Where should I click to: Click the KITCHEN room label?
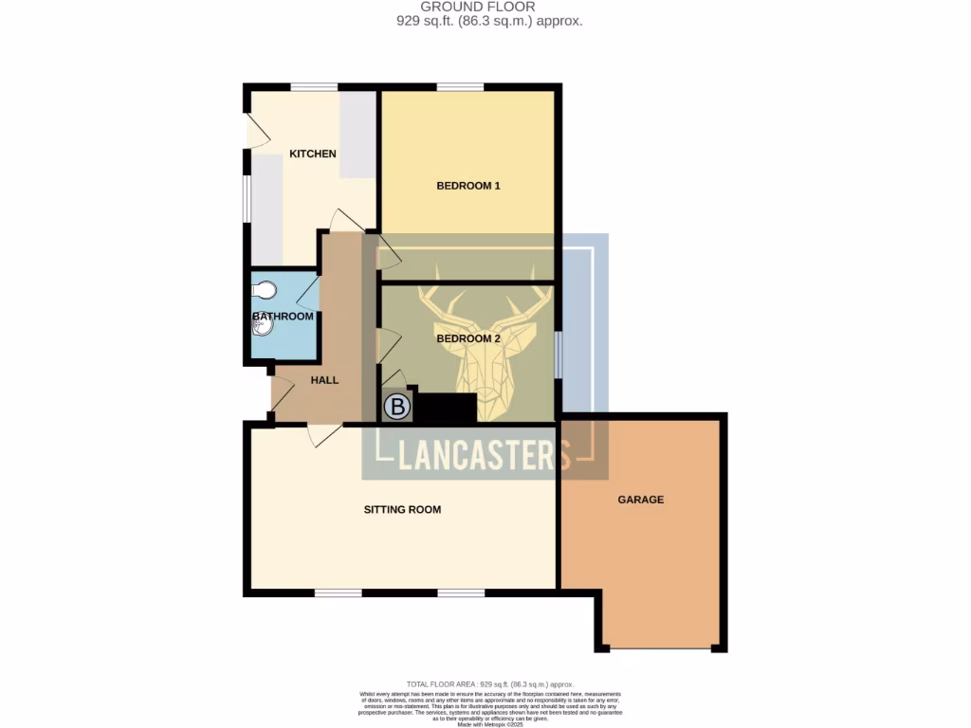point(313,154)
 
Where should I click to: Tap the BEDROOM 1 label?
point(467,186)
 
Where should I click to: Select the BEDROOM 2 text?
point(467,338)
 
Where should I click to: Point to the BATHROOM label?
point(283,317)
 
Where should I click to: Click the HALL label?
point(324,380)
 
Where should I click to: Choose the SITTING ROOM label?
point(402,509)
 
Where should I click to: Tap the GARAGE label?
point(641,500)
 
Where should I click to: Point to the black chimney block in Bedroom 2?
point(446,409)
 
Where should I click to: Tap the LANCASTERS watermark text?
point(484,456)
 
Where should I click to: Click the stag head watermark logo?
point(485,340)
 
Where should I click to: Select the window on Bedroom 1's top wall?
point(460,88)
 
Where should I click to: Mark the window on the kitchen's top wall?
point(314,88)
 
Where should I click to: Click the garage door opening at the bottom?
point(661,649)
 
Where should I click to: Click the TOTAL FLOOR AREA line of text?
point(489,684)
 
